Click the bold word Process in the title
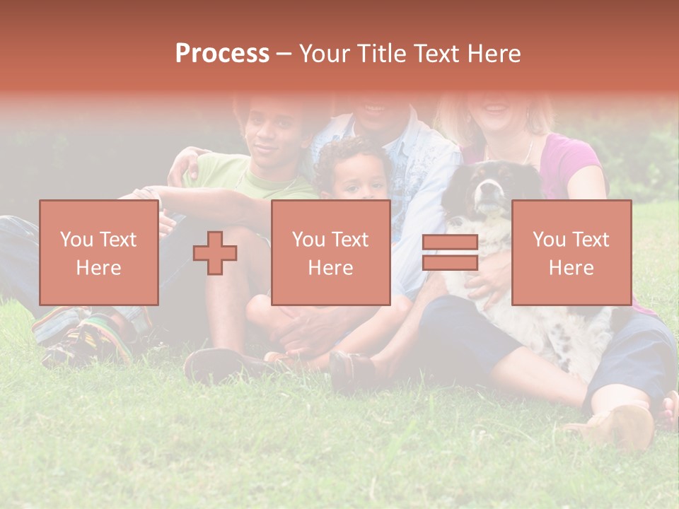pos(222,53)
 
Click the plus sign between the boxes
pos(215,253)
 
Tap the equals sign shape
pos(450,252)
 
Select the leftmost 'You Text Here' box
pos(98,252)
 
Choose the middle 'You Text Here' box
pos(330,252)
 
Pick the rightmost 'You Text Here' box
pos(571,252)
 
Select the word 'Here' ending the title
pos(496,53)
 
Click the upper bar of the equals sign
pos(450,242)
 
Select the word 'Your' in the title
pos(323,53)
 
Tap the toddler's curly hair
pos(351,152)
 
